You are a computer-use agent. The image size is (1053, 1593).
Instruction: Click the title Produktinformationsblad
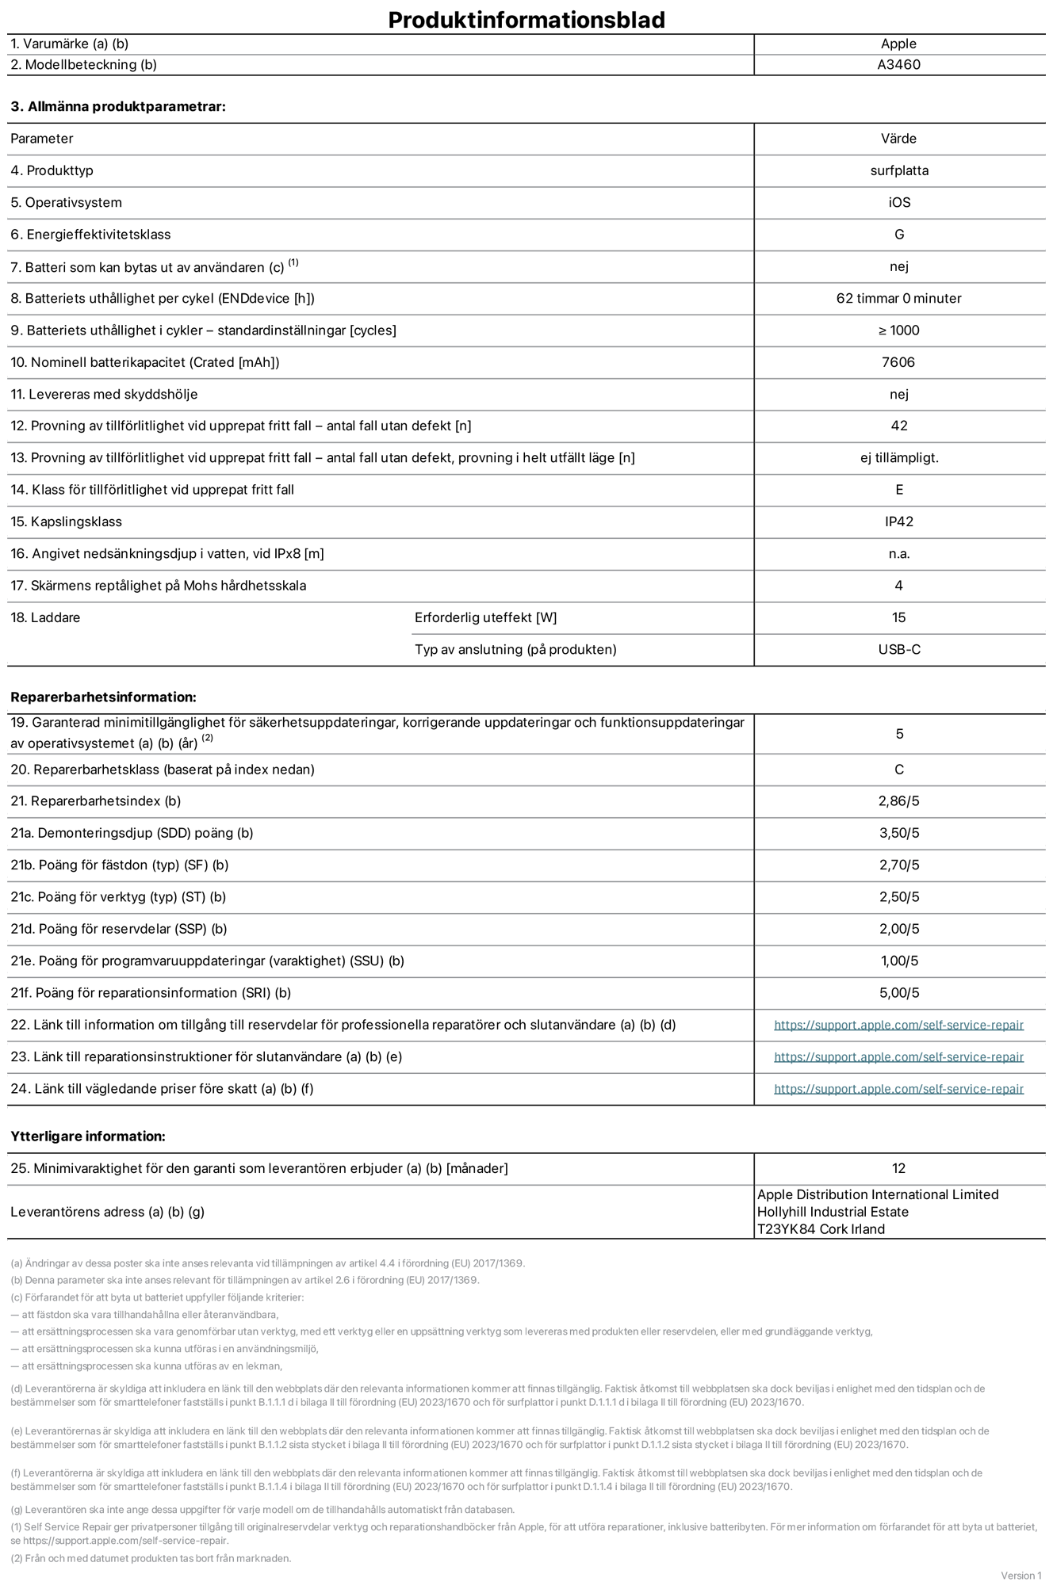click(x=526, y=20)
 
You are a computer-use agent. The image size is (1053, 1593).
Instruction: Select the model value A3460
click(x=898, y=65)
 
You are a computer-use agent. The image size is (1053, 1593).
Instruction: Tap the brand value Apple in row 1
click(x=898, y=44)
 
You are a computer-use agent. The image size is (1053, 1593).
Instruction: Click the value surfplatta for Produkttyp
click(x=898, y=170)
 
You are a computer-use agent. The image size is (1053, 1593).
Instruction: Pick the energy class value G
click(x=898, y=235)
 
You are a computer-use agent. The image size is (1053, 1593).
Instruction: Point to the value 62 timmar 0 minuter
click(x=898, y=299)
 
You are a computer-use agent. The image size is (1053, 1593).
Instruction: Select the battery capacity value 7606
click(x=898, y=362)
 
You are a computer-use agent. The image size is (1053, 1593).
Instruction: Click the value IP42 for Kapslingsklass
click(x=898, y=521)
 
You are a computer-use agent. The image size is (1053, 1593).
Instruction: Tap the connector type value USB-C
click(x=898, y=650)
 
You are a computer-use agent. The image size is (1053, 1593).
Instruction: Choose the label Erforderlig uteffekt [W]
click(x=485, y=618)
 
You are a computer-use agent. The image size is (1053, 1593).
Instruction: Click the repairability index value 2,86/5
click(x=898, y=801)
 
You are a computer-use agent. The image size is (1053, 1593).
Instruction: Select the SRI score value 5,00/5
click(x=898, y=993)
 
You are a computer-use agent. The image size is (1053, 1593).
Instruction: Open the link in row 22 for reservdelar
click(x=898, y=1025)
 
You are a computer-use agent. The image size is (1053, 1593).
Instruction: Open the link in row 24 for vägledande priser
click(x=898, y=1089)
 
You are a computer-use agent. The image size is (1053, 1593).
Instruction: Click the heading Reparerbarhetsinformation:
click(x=103, y=697)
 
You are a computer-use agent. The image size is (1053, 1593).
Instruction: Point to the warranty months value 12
click(x=898, y=1168)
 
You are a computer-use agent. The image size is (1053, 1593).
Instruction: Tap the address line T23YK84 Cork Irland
click(x=821, y=1229)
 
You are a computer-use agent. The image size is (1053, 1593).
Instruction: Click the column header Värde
click(x=898, y=139)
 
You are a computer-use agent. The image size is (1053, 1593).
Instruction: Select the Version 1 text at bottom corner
click(x=1020, y=1576)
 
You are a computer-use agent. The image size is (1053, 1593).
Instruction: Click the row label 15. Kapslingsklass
click(x=67, y=521)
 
